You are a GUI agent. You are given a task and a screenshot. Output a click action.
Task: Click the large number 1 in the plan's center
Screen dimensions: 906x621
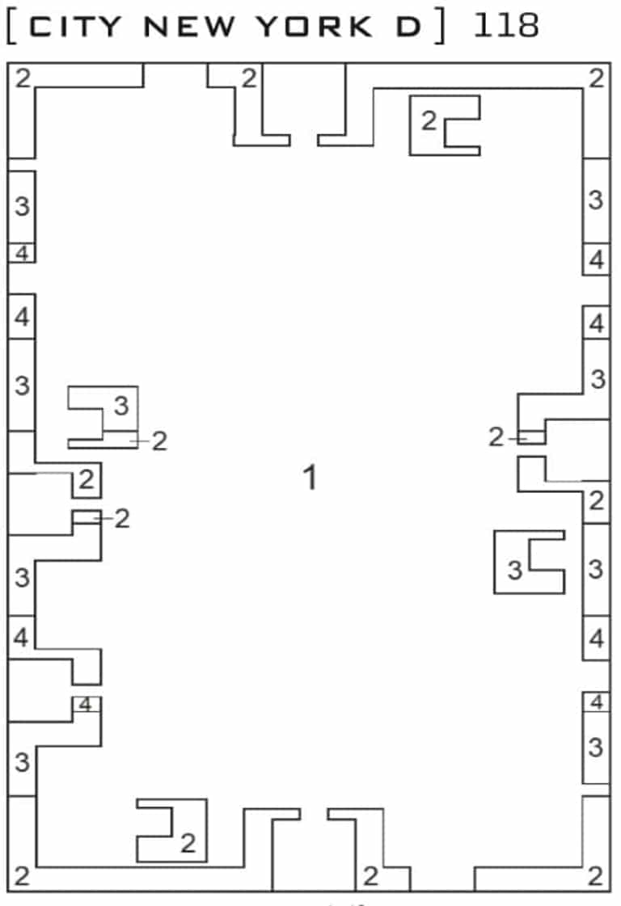pos(310,478)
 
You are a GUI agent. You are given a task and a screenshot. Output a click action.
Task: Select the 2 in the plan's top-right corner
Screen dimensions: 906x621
pos(596,78)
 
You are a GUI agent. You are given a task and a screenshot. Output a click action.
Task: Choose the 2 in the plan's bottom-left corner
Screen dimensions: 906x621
pos(22,876)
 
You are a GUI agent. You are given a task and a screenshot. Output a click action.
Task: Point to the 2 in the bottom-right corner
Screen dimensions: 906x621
pos(596,876)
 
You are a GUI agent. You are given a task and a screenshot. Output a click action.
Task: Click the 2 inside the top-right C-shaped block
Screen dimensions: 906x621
pos(429,121)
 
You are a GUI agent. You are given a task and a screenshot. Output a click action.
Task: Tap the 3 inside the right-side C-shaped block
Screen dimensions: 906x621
pos(515,571)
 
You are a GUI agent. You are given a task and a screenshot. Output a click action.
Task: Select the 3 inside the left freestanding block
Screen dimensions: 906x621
pos(120,406)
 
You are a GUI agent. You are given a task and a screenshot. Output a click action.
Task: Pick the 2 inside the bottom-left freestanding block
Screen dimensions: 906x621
pos(188,844)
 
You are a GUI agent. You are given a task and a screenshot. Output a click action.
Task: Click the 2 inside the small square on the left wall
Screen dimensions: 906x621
pos(87,481)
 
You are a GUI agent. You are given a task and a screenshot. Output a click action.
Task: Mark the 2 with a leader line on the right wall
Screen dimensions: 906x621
pos(496,438)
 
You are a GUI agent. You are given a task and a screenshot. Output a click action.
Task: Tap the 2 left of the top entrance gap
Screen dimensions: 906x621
pos(248,78)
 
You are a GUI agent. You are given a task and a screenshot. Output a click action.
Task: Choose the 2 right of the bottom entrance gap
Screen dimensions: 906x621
pos(370,876)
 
